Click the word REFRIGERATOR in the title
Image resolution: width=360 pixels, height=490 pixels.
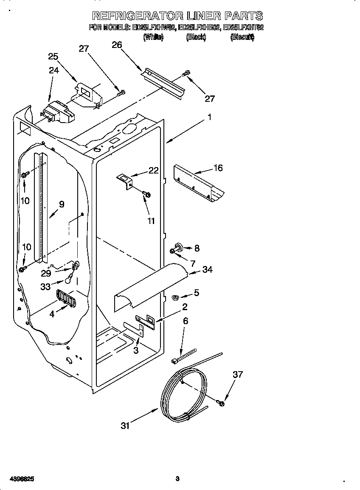coord(138,16)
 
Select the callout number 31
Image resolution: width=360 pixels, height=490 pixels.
coord(125,426)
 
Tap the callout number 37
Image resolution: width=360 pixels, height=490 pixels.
coord(238,375)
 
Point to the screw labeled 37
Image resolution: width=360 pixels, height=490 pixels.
coord(221,403)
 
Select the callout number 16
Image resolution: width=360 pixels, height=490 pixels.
coord(218,168)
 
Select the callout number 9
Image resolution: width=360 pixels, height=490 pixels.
coord(62,204)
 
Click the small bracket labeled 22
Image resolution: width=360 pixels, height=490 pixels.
coord(125,180)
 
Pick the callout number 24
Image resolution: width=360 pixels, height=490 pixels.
coord(53,70)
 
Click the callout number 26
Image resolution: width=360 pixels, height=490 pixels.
coord(117,45)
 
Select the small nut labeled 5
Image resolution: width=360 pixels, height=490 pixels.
coord(174,297)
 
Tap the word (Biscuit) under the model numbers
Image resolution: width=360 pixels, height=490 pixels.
coord(242,37)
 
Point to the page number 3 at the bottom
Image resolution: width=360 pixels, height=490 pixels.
coord(177,479)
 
